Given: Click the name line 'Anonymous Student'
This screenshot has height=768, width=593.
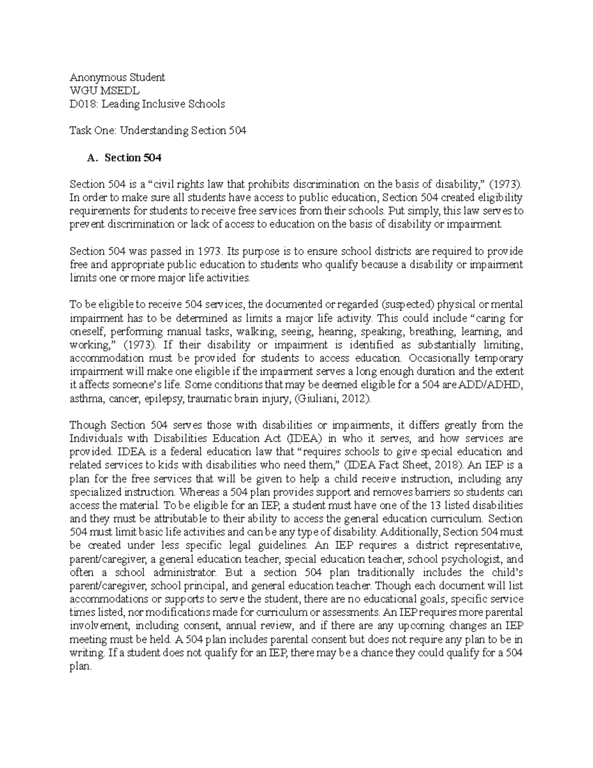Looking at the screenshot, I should (x=117, y=77).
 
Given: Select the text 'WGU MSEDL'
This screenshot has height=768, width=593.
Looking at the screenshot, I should (x=104, y=90).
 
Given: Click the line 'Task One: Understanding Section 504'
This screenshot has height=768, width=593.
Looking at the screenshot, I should (x=158, y=131).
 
